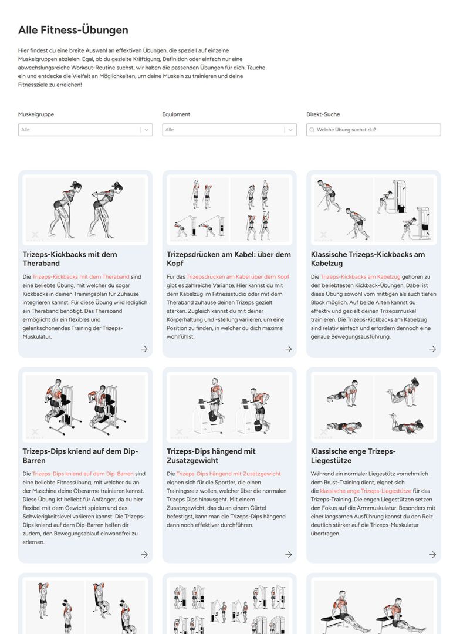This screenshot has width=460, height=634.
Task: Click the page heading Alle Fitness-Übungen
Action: click(x=73, y=30)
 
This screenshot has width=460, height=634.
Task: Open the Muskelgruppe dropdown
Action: click(x=85, y=130)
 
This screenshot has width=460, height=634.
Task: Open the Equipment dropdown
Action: click(x=229, y=130)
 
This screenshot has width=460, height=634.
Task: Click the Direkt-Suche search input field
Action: click(x=376, y=130)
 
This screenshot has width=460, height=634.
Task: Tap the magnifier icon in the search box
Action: click(x=312, y=130)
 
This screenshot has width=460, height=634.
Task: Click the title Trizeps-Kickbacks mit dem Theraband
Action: click(x=70, y=259)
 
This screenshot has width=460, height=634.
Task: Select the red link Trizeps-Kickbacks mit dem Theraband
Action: click(x=81, y=276)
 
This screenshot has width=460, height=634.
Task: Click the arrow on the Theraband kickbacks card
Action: click(x=144, y=349)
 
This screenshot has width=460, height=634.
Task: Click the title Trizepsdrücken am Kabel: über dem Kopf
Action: click(x=229, y=259)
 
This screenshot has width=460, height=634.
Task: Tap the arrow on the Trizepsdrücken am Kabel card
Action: click(x=288, y=349)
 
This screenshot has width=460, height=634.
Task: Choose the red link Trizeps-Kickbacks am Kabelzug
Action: click(x=360, y=276)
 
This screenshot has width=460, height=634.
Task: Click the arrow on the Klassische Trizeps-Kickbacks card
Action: click(x=432, y=349)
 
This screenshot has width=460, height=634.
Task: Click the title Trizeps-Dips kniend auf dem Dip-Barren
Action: click(x=77, y=456)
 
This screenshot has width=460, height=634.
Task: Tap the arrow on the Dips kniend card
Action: click(x=144, y=554)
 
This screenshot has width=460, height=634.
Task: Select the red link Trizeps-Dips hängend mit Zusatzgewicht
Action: click(x=228, y=474)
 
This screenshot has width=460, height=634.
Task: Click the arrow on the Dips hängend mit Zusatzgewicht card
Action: click(x=288, y=554)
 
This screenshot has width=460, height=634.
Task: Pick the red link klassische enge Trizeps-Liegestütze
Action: click(x=366, y=490)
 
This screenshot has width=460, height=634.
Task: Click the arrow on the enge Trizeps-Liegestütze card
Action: click(x=432, y=554)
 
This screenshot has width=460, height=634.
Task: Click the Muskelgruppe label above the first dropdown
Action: click(x=36, y=114)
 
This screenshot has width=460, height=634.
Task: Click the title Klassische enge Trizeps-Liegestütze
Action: click(x=353, y=456)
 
